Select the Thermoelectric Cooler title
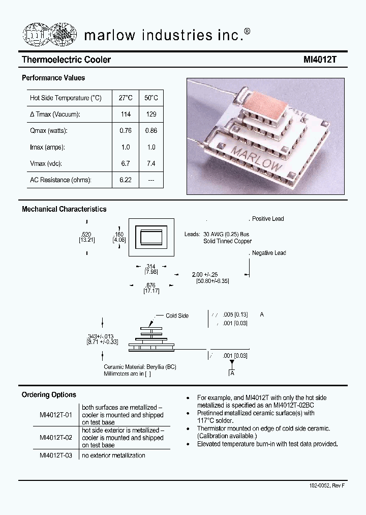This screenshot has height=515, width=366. pos(66,60)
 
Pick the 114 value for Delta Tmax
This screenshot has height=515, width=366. pos(126,115)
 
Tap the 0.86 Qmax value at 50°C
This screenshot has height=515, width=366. pos(151,131)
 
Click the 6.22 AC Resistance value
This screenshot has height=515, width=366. pos(126,180)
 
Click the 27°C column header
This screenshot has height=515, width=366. pos(126,98)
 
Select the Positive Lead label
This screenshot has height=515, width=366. pos(268,219)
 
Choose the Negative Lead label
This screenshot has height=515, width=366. pos(269,253)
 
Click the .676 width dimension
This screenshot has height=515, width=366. pos(150,285)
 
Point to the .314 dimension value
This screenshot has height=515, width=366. pos(150,267)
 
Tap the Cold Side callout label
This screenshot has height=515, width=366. pos(177,316)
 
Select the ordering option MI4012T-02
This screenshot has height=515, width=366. pos(56,437)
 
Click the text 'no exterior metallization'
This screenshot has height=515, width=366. pos(113,455)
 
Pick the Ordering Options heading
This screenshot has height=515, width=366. pos(49,395)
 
